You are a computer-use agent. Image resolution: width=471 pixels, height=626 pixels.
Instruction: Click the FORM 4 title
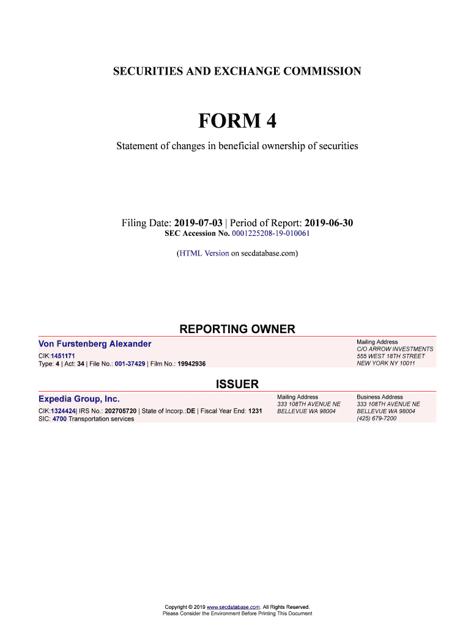pos(237,122)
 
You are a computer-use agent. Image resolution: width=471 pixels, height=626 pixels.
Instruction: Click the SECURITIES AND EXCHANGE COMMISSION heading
pos(237,72)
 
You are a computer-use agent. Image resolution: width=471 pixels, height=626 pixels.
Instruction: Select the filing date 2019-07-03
pos(198,223)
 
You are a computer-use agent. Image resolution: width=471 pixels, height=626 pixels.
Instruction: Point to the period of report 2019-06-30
pos(328,223)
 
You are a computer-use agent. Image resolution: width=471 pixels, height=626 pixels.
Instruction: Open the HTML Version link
pos(204,252)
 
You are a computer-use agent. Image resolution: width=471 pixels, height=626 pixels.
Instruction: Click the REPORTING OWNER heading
pos(237,329)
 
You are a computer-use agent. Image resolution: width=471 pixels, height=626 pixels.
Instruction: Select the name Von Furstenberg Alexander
pos(95,344)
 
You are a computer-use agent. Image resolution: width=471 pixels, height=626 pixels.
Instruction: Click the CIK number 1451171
pos(63,355)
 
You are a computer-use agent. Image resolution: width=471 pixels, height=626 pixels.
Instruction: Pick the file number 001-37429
pos(125,364)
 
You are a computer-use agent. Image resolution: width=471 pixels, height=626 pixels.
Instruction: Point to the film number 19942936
pos(191,364)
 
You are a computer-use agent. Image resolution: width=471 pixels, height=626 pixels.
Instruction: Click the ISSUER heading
pos(237,385)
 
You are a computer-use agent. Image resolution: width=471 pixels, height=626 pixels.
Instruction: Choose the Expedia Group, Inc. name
pos(79,399)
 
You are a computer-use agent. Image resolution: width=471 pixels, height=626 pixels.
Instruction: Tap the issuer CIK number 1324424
pos(63,411)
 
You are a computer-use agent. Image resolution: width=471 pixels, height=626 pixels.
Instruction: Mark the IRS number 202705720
pos(121,411)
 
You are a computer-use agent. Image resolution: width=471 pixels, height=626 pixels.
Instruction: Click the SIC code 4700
pos(59,419)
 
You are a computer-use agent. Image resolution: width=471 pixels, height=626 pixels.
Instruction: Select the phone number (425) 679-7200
pos(376,419)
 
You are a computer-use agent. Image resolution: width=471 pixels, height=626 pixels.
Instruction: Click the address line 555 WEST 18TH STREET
pos(390,356)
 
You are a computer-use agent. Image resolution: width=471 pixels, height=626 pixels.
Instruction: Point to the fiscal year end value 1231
pos(254,411)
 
